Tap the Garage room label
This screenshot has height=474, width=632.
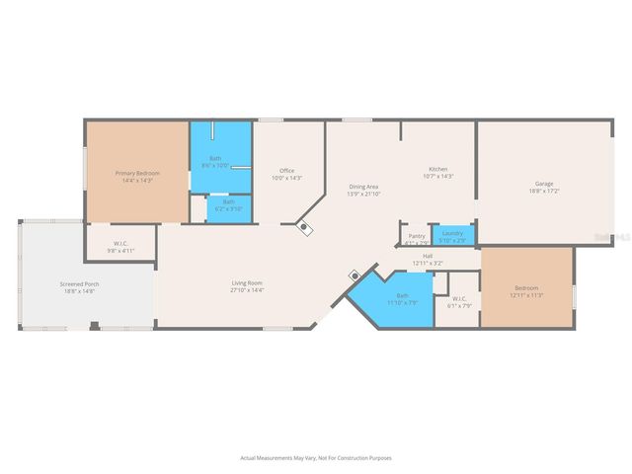click(x=544, y=183)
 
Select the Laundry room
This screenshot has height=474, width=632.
click(x=453, y=235)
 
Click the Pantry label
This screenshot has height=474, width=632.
click(x=416, y=237)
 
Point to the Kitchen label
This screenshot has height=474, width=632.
click(x=437, y=170)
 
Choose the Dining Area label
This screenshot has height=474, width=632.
click(x=363, y=186)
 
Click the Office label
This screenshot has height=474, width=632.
click(x=286, y=171)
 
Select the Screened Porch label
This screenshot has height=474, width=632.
click(x=79, y=284)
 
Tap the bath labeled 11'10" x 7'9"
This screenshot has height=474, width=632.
click(x=402, y=296)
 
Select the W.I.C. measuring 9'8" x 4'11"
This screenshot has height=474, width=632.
click(x=120, y=245)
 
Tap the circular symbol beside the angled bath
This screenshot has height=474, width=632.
click(x=353, y=276)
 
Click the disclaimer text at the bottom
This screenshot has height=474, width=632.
click(x=316, y=457)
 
